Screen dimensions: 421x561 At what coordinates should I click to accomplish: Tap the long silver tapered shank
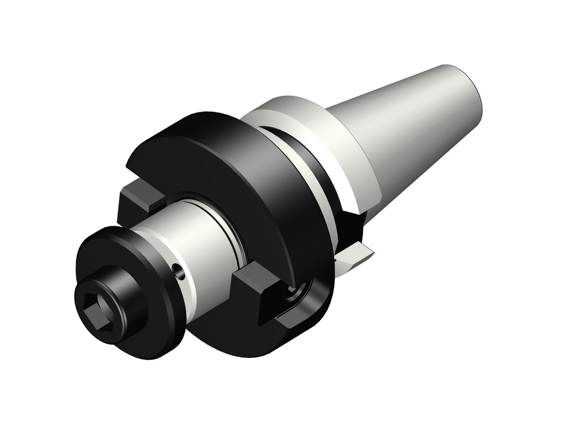(x=411, y=117)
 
